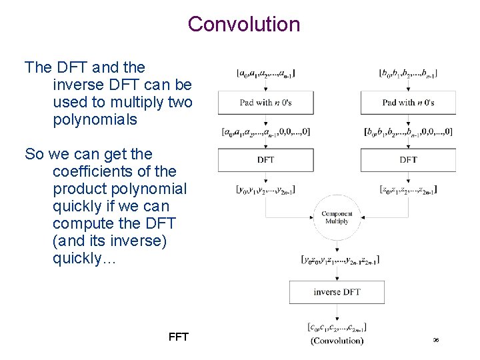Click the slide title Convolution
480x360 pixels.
[x=244, y=24]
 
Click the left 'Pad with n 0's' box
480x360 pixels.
[x=265, y=103]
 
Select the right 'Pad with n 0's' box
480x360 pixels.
[x=408, y=103]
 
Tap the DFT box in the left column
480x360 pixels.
[x=265, y=160]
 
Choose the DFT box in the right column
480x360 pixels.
[x=408, y=160]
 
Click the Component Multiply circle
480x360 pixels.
[x=337, y=217]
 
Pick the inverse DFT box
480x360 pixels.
[x=337, y=292]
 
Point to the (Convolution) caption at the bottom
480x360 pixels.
[x=337, y=341]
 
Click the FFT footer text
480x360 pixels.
[x=179, y=337]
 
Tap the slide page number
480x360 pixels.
[x=435, y=341]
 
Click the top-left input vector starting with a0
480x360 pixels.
[x=265, y=73]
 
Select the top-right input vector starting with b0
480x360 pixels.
[x=408, y=73]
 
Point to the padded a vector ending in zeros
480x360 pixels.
[x=265, y=132]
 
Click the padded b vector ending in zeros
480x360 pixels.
[x=408, y=132]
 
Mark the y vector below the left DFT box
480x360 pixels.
[x=265, y=190]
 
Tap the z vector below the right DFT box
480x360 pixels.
[x=408, y=190]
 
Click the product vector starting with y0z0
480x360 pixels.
[x=337, y=259]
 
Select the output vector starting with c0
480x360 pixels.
[x=337, y=327]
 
